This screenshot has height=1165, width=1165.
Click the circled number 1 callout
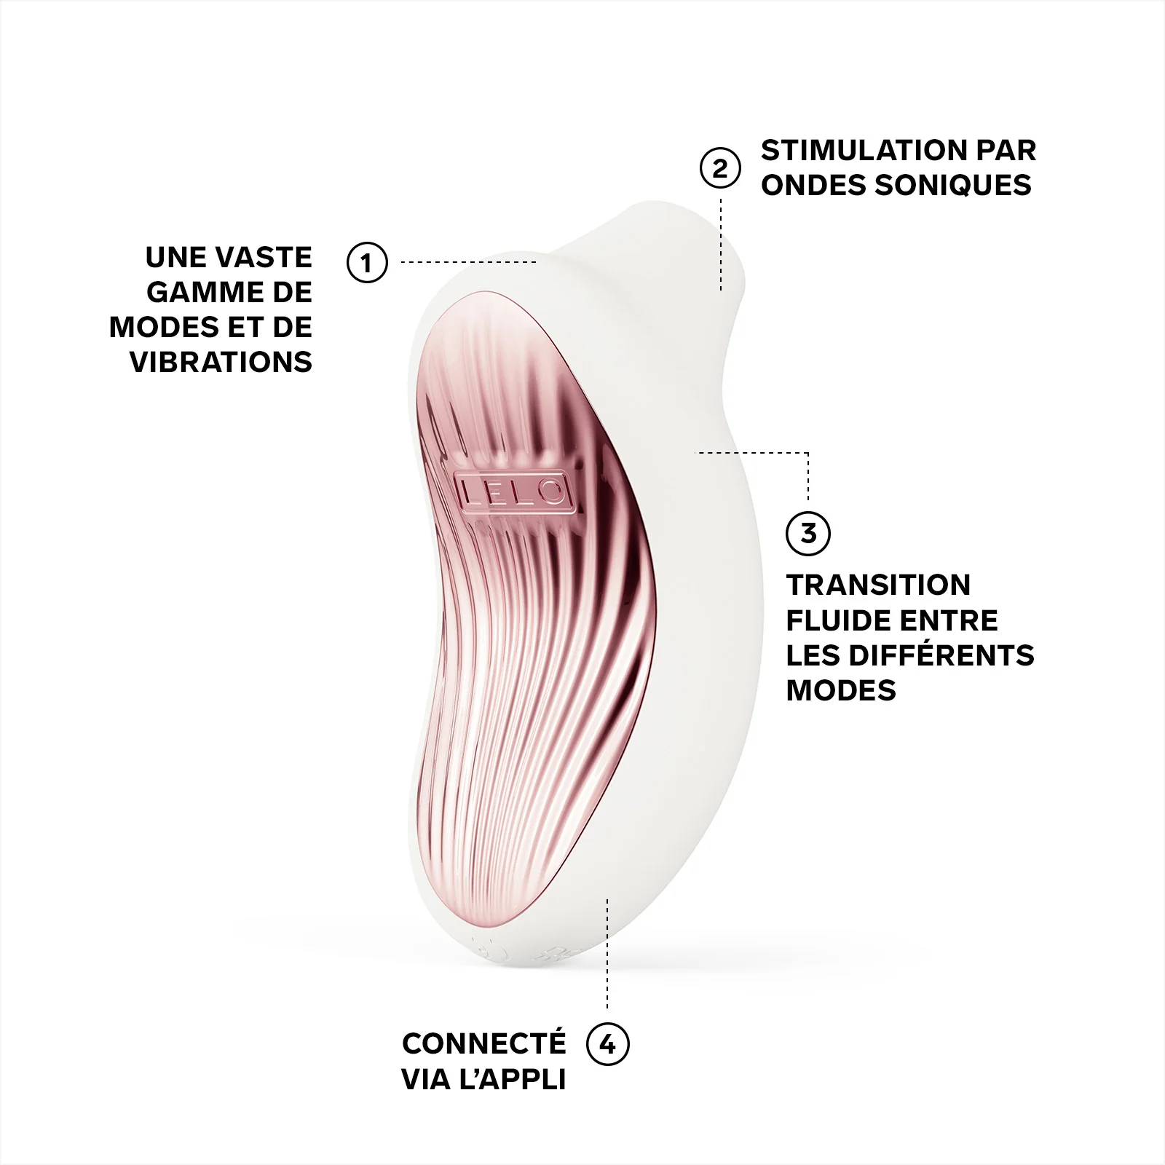click(366, 262)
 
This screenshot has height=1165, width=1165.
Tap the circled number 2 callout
click(719, 168)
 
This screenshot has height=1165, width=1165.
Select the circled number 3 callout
click(808, 533)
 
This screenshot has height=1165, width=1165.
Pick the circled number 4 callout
click(607, 1044)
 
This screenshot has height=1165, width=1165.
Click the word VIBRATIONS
click(221, 363)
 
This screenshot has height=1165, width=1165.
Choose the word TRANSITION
click(878, 585)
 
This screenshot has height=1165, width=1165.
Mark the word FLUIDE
click(837, 620)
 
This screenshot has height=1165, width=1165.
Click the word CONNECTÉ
click(483, 1044)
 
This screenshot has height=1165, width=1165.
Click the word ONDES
click(812, 186)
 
